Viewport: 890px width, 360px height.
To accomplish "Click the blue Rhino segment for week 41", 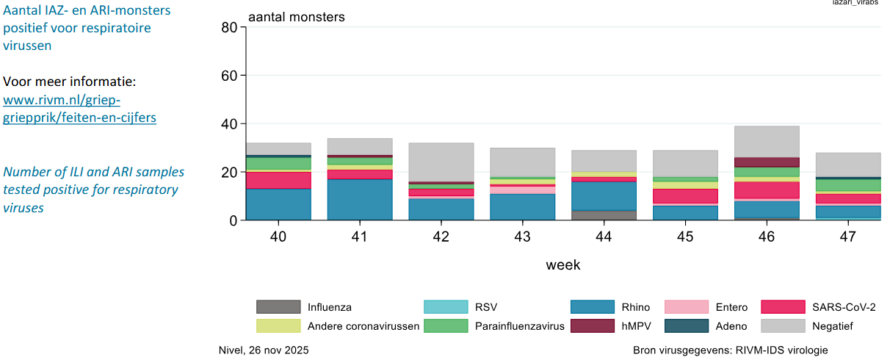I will [360, 199].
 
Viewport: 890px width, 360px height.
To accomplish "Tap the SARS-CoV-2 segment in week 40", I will [278, 180].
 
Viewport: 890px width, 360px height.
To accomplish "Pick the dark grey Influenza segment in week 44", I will [604, 215].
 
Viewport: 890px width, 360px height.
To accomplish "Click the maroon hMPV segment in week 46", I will [767, 162].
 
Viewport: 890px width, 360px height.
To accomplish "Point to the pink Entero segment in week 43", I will [522, 190].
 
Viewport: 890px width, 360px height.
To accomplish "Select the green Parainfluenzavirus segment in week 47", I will [848, 185].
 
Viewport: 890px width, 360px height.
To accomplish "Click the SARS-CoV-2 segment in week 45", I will [685, 196].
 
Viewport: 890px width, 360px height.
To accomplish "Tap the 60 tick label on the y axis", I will [228, 76].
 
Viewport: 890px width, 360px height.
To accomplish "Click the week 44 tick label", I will [604, 238].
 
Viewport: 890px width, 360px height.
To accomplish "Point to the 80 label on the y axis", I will [228, 28].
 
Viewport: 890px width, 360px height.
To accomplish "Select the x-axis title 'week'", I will [562, 264].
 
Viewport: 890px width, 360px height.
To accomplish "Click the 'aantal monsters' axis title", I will [296, 16].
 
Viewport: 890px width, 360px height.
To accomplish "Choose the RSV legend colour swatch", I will [446, 307].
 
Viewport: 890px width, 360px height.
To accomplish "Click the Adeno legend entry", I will [731, 325].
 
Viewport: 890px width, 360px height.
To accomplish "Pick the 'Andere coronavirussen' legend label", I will [363, 325].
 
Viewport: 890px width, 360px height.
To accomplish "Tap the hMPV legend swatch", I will [592, 325].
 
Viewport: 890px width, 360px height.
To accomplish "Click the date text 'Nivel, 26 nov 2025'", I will [264, 350].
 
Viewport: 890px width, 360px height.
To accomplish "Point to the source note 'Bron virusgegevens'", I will [730, 350].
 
